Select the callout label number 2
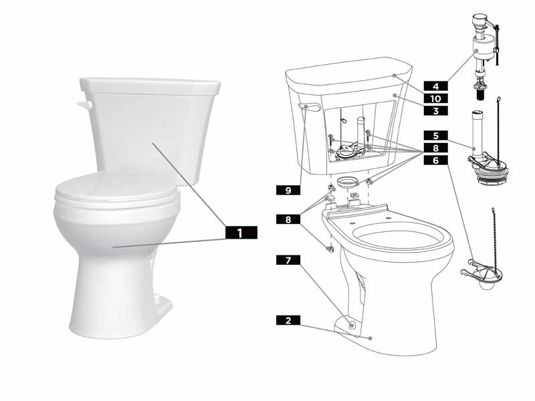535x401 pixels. [x=288, y=321]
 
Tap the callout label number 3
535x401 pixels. [x=435, y=110]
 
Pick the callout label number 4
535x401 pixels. [x=435, y=86]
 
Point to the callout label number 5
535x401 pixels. [x=435, y=135]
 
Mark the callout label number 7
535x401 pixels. [x=288, y=259]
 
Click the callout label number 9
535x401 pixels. [x=288, y=190]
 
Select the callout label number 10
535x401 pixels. [x=435, y=98]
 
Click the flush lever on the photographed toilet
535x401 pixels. [x=83, y=106]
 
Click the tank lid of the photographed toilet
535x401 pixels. [x=150, y=86]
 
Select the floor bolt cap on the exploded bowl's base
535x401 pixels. [x=352, y=323]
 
